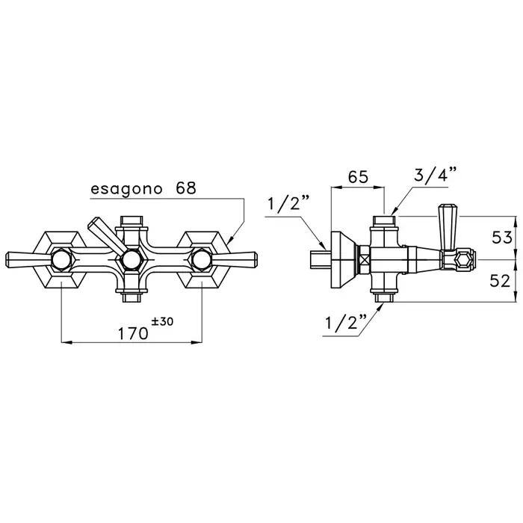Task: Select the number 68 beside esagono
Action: [185, 188]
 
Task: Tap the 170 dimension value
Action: [132, 333]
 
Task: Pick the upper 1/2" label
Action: [285, 202]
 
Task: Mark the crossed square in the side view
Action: [365, 260]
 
